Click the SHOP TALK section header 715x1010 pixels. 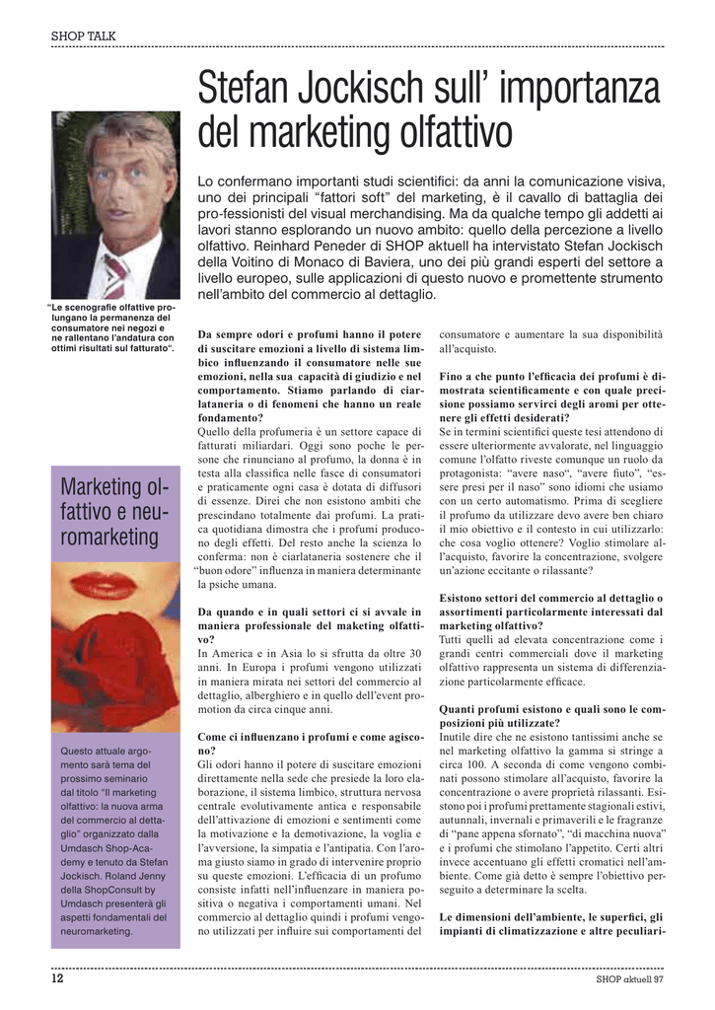[84, 36]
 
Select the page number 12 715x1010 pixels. [58, 979]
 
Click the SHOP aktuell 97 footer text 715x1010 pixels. [629, 979]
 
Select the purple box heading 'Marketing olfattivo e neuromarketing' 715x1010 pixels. [114, 512]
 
